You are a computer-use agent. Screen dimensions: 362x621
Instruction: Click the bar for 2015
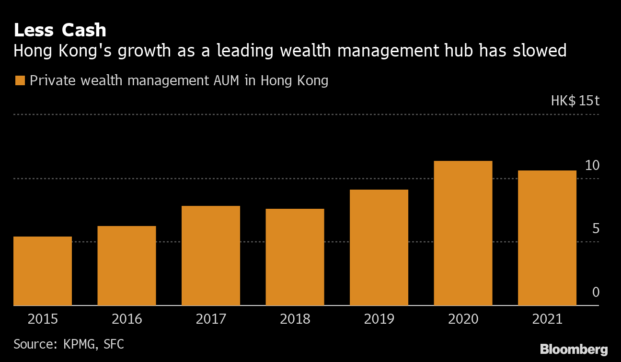(43, 271)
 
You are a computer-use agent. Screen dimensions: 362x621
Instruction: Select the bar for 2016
(126, 266)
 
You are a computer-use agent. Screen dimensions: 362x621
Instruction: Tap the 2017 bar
(211, 256)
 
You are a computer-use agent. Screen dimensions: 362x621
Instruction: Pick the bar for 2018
(295, 257)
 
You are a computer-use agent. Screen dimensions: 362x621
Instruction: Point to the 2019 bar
(379, 248)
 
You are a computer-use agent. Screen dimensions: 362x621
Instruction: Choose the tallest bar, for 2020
(463, 233)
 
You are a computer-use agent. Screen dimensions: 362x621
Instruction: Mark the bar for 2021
(547, 238)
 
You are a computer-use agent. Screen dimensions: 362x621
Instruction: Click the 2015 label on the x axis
(43, 319)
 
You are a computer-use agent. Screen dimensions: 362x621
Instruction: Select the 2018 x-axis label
(295, 319)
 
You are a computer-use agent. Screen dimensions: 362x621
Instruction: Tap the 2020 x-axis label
(463, 319)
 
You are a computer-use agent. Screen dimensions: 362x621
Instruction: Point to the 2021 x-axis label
(547, 319)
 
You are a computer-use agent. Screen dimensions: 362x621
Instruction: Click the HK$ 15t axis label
(575, 101)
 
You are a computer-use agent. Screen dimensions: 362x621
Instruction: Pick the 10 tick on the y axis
(592, 166)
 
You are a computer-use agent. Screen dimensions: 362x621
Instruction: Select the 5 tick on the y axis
(596, 229)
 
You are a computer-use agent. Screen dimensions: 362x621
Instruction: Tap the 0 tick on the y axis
(596, 292)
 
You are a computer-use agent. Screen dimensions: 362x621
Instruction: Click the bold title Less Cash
(60, 30)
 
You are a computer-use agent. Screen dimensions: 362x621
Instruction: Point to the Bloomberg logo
(574, 349)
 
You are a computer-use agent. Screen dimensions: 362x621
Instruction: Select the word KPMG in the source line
(78, 344)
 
